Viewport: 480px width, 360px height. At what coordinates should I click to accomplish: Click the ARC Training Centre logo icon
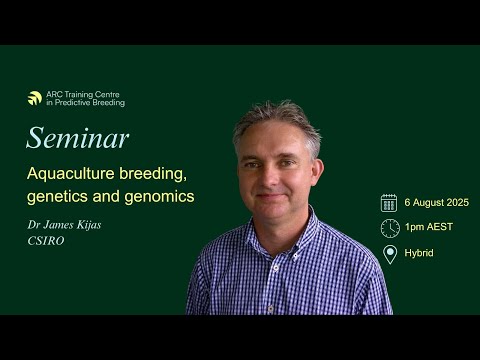coord(35,98)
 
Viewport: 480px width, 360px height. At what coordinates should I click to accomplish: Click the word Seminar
coord(77,137)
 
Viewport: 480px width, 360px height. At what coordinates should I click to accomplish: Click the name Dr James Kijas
coord(64,225)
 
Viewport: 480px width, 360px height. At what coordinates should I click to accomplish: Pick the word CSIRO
coord(47,241)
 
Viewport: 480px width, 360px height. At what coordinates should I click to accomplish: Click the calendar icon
coord(389,202)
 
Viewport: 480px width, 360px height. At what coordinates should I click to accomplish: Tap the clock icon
coord(389,227)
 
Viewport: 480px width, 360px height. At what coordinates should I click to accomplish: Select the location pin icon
coord(389,253)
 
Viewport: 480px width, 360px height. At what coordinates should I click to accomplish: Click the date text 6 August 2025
coord(436,202)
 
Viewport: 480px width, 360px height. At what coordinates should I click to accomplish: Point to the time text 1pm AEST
coord(429,227)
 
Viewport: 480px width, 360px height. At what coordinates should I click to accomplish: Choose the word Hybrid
coord(421,253)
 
